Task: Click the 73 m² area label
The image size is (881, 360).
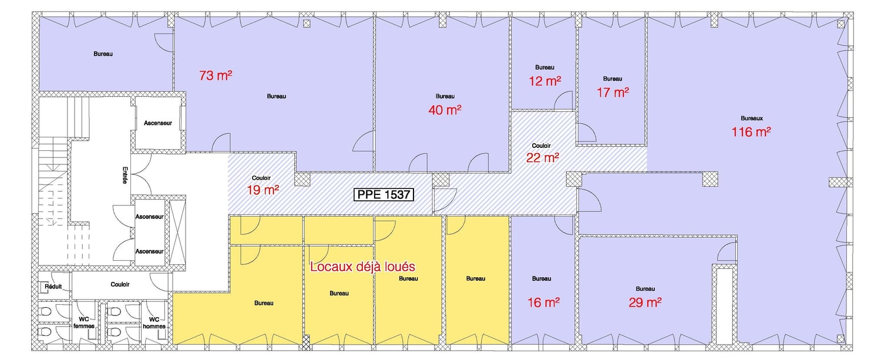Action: pos(216,75)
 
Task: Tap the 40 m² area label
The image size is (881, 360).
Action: pos(445,110)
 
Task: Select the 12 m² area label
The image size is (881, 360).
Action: pos(544,81)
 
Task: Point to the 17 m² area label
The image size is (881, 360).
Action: pos(613,92)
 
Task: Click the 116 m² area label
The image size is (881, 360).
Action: pos(751,132)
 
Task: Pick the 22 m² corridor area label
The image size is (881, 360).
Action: pos(543,158)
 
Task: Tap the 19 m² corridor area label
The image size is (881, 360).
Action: pos(263,190)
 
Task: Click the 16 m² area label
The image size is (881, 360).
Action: pos(543,302)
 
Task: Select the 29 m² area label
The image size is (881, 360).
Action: pos(645,302)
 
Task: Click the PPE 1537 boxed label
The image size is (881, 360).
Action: pos(384,194)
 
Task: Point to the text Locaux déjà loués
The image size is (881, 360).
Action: pos(362,267)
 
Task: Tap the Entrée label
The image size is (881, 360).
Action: pos(125,176)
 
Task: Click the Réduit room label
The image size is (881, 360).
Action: pos(53,287)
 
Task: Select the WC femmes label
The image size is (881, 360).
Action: pos(84,322)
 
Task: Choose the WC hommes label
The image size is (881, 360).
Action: pos(154,323)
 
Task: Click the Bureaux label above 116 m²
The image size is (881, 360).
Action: pos(752,118)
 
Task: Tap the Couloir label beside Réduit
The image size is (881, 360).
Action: pos(120,284)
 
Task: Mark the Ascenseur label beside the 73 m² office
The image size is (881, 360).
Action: pos(158,123)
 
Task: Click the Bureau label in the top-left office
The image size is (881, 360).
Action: pos(103,54)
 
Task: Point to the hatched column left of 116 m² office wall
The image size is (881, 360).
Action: pos(573,179)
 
